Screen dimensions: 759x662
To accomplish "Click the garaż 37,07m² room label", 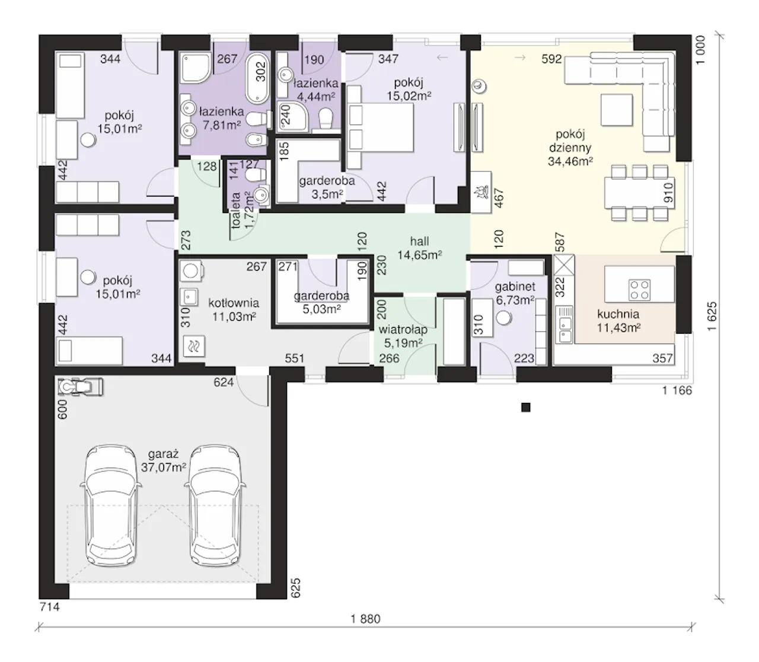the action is tap(163, 460).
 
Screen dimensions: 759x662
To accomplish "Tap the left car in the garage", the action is tap(110, 506).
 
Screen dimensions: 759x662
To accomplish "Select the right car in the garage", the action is tap(215, 506).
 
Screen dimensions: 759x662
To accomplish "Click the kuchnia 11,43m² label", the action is tap(618, 321).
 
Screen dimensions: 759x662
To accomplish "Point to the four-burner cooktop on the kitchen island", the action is tap(639, 289).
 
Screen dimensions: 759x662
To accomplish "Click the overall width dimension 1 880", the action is tap(365, 619).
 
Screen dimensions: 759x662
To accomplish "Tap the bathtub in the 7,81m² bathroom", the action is tap(257, 78).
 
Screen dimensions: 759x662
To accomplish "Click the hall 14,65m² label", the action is tap(420, 248).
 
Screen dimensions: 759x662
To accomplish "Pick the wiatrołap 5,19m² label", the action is tap(403, 336).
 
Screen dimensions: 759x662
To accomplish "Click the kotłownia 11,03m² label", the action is tap(234, 310).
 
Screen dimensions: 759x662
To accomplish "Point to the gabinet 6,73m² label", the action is tap(515, 293).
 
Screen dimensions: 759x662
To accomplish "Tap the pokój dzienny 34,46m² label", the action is tap(570, 147).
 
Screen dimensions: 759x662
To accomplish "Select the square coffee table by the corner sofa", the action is tap(617, 110).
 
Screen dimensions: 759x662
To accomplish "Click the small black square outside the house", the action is tap(525, 408).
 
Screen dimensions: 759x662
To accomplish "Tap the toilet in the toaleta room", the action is tap(256, 174).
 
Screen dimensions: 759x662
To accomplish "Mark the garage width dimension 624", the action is tap(224, 382).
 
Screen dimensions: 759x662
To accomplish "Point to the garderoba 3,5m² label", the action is tap(327, 187).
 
